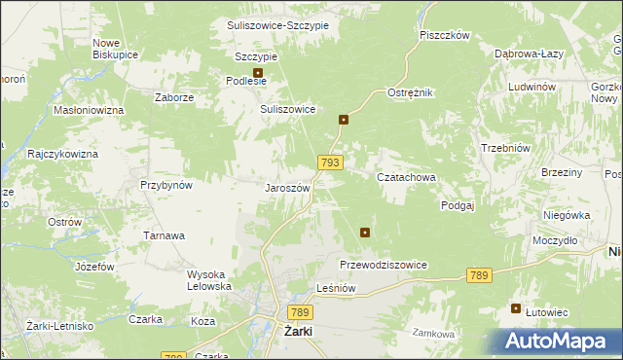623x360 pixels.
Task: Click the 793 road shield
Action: pos(329,163)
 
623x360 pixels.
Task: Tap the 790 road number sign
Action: pos(174,356)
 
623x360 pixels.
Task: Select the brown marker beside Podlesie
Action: pos(258,72)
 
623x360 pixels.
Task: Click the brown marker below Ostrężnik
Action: pos(344,120)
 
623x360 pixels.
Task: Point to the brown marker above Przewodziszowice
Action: pos(365,232)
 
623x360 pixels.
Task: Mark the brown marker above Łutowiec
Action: pos(516,308)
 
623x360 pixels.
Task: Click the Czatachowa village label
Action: pos(405,177)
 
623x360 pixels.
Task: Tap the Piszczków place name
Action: pos(445,35)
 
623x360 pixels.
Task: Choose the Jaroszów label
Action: pos(287,188)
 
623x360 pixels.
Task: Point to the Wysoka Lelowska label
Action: pos(209,280)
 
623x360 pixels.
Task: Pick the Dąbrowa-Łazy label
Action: pos(526,54)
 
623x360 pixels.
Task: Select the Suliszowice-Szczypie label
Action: pos(277,23)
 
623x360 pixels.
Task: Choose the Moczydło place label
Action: pos(556,239)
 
